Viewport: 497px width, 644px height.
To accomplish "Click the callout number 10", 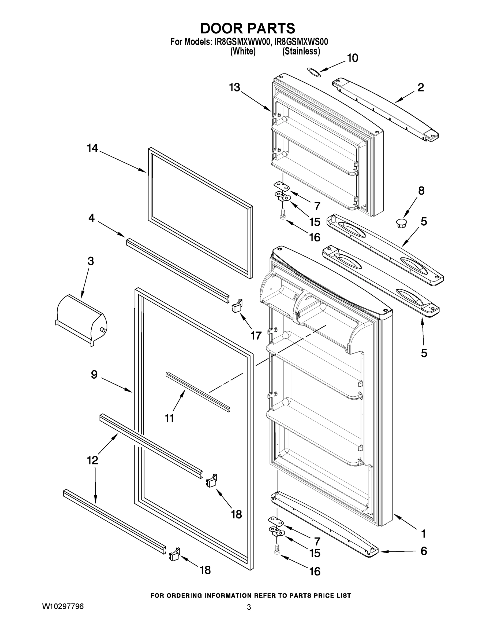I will pyautogui.click(x=352, y=58).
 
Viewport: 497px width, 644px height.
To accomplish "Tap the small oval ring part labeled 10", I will pyautogui.click(x=313, y=72).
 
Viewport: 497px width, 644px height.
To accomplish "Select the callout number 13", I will pyautogui.click(x=235, y=87).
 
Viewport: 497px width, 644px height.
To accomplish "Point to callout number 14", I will pyautogui.click(x=92, y=148).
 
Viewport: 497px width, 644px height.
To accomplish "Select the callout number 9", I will pyautogui.click(x=94, y=375).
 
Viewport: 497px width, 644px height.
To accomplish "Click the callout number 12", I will pyautogui.click(x=92, y=460).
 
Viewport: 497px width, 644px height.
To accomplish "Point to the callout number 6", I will pyautogui.click(x=423, y=551).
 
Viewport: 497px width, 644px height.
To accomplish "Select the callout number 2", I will pyautogui.click(x=421, y=87).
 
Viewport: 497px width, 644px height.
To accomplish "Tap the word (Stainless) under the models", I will pyautogui.click(x=301, y=51).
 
